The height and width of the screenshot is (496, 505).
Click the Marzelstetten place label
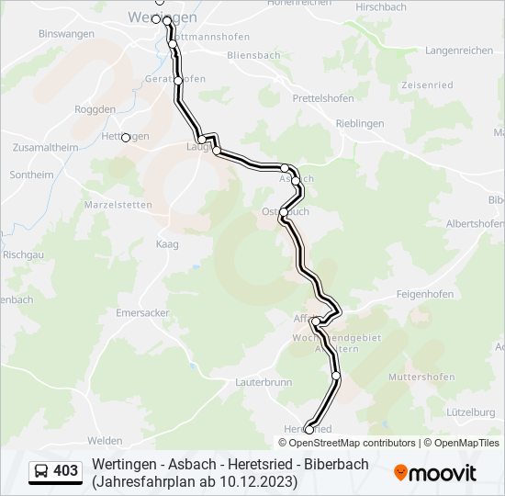(x=118, y=204)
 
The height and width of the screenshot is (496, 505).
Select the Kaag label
(x=167, y=243)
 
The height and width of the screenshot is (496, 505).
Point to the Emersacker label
(x=143, y=312)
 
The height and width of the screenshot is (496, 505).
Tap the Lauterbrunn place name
(x=264, y=380)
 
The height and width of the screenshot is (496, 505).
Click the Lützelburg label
(x=467, y=412)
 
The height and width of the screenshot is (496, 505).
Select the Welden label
(x=105, y=441)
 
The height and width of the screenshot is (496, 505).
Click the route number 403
(x=66, y=471)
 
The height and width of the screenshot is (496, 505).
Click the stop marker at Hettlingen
(x=126, y=138)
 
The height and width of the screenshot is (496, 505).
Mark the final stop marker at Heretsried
(x=309, y=429)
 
